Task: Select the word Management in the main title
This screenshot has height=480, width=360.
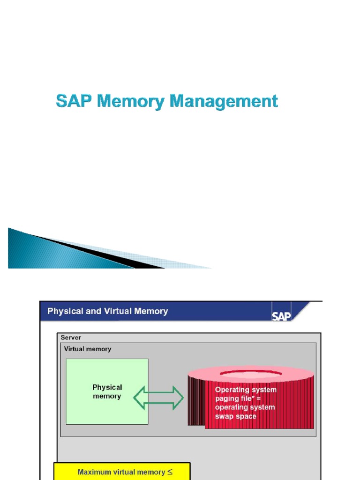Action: click(224, 101)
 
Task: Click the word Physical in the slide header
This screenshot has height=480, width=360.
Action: click(63, 311)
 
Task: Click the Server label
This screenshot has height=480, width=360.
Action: click(71, 337)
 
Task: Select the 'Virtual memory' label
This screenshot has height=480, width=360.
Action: click(88, 349)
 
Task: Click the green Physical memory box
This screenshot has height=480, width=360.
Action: click(107, 408)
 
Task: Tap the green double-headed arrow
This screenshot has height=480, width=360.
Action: click(158, 398)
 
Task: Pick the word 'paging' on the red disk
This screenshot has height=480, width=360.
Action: click(227, 398)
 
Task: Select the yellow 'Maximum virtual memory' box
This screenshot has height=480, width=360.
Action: click(122, 472)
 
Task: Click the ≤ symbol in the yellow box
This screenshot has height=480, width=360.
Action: click(170, 472)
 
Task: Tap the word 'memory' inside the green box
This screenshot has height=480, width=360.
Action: click(107, 397)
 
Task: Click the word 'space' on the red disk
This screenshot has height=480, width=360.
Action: click(246, 416)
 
